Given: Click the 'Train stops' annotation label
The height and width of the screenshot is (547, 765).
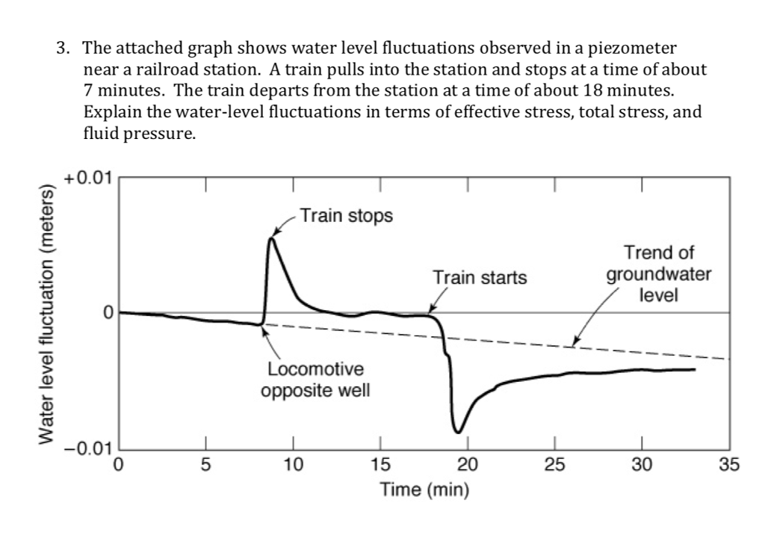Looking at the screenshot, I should pyautogui.click(x=344, y=217).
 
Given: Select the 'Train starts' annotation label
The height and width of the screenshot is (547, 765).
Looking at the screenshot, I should pyautogui.click(x=480, y=278).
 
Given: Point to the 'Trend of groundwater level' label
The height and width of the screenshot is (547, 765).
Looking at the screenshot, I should pyautogui.click(x=658, y=273).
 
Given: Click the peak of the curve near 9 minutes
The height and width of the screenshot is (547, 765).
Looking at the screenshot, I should pyautogui.click(x=271, y=238).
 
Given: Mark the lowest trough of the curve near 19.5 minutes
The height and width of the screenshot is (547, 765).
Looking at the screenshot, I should pyautogui.click(x=459, y=432).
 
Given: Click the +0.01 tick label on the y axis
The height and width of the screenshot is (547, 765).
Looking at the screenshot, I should pyautogui.click(x=87, y=179).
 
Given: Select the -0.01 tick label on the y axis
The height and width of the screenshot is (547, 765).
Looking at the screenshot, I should pyautogui.click(x=87, y=449).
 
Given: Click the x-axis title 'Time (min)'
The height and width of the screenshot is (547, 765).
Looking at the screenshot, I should pyautogui.click(x=424, y=490).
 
